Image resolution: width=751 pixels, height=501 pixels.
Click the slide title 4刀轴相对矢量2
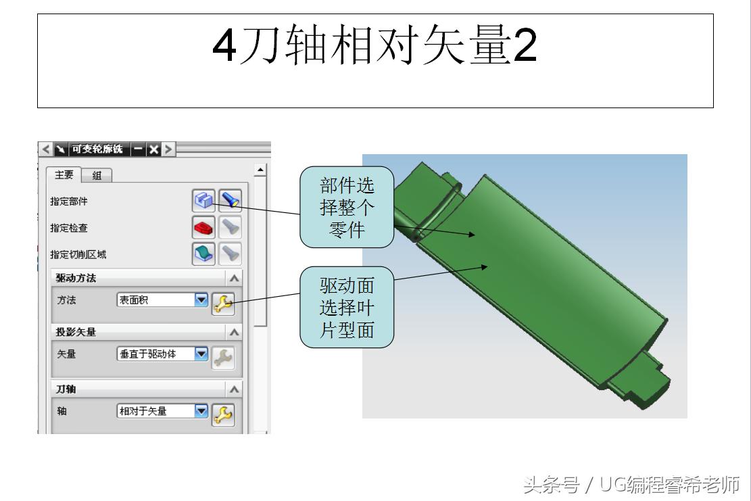pyautogui.click(x=374, y=46)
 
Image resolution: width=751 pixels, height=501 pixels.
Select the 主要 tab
pyautogui.click(x=64, y=175)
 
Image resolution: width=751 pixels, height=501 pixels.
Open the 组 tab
pyautogui.click(x=97, y=176)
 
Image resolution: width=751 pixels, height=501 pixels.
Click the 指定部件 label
pyautogui.click(x=68, y=201)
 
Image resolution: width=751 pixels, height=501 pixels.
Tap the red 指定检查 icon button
pyautogui.click(x=204, y=227)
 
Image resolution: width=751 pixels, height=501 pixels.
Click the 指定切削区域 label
pyautogui.click(x=78, y=255)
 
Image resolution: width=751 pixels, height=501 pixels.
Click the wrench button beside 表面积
pyautogui.click(x=223, y=304)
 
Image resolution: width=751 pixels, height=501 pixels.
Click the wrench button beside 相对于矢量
pyautogui.click(x=223, y=414)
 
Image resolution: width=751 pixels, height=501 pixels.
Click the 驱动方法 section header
pyautogui.click(x=76, y=279)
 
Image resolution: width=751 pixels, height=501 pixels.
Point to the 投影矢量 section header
pyautogui.click(x=76, y=332)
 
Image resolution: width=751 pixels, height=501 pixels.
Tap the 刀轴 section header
pyautogui.click(x=66, y=389)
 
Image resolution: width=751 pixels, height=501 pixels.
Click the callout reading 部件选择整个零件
pyautogui.click(x=347, y=208)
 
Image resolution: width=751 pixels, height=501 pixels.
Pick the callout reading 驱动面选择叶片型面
pyautogui.click(x=347, y=308)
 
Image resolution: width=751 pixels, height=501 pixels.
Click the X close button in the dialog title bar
pyautogui.click(x=154, y=149)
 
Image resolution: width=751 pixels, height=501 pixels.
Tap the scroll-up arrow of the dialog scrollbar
pyautogui.click(x=260, y=170)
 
